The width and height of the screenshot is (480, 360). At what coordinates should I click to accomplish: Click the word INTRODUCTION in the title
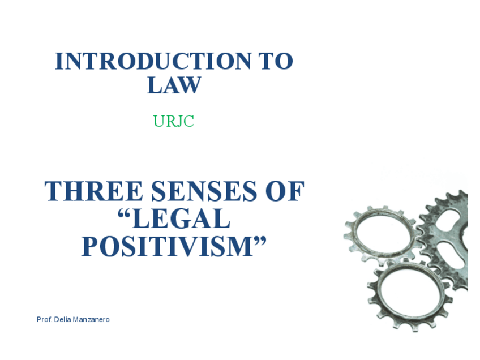[x=153, y=61]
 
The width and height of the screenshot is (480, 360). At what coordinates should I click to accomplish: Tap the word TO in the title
[x=276, y=61]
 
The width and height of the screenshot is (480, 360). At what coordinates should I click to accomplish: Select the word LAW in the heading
[x=174, y=85]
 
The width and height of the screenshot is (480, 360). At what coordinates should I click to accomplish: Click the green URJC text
[x=174, y=121]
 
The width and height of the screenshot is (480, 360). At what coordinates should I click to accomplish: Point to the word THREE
[x=93, y=191]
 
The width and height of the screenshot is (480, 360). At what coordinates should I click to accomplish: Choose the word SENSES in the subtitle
[x=204, y=191]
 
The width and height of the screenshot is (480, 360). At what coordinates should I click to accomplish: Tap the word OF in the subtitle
[x=285, y=191]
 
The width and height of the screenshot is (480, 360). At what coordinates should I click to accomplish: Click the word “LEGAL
[x=174, y=218]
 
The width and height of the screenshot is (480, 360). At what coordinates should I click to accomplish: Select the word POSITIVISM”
[x=174, y=246]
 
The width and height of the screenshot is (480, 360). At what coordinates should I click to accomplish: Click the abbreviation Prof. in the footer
[x=44, y=320]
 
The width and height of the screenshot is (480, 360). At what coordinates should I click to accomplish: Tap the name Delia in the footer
[x=62, y=320]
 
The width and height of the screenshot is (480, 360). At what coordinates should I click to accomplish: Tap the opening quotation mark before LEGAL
[x=125, y=213]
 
